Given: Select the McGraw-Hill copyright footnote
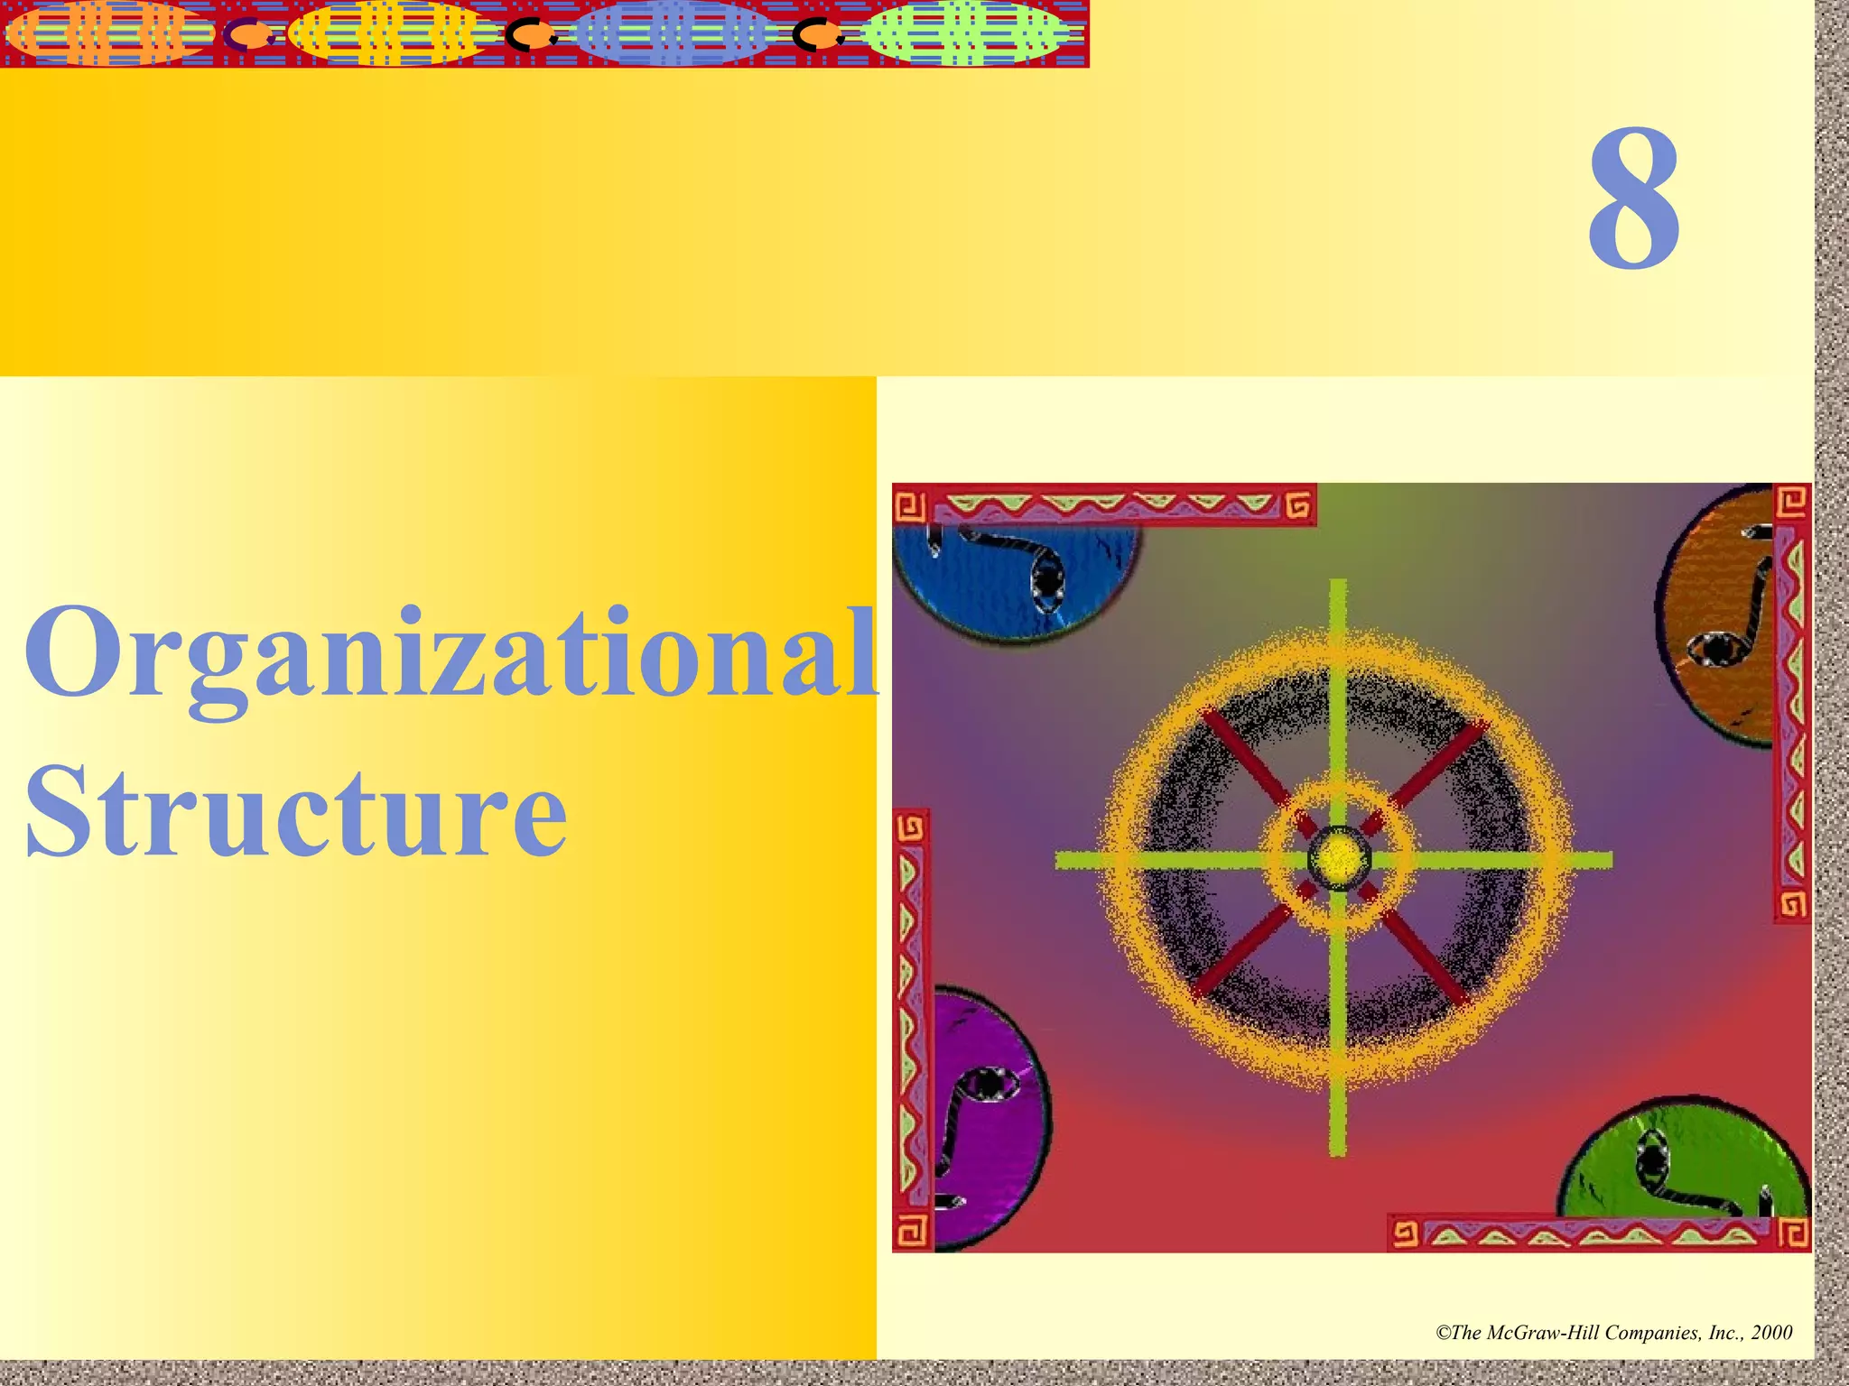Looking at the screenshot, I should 1613,1333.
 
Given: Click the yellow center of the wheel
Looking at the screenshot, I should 1339,856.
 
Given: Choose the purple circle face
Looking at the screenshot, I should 989,1119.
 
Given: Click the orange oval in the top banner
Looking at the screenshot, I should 107,34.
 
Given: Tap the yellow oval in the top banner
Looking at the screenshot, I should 393,34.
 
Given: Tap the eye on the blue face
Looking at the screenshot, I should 1047,582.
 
